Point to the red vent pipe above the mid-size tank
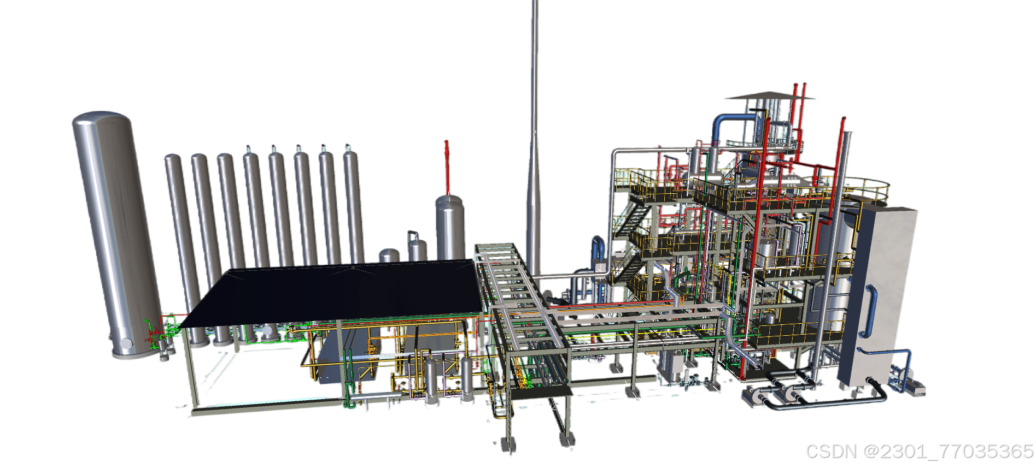coord(447,167)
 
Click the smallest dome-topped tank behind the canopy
coord(389,255)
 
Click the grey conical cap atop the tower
coord(769,96)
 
